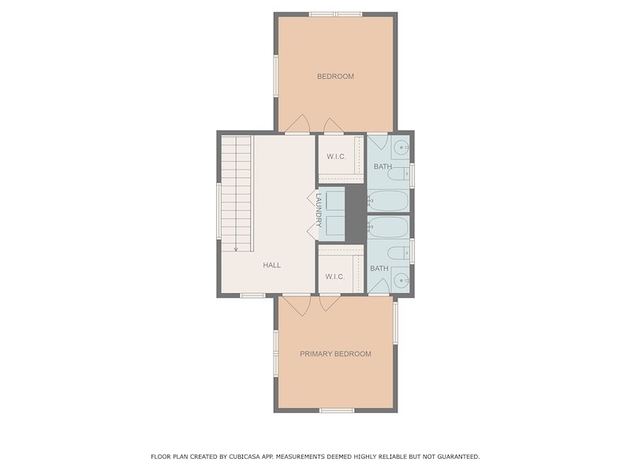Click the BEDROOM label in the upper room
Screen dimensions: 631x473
[335, 76]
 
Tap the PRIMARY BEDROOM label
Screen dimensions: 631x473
[336, 354]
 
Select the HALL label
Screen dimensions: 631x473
[272, 265]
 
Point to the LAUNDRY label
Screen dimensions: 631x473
[319, 210]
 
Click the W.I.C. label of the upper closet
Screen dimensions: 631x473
[337, 156]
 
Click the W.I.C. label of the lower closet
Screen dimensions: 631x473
[334, 277]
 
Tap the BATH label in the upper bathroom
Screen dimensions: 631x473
[383, 166]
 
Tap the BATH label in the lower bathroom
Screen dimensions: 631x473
[379, 268]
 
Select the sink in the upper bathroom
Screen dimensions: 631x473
[401, 147]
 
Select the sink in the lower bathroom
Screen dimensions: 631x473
[401, 281]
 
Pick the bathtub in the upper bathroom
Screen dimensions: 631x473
[388, 200]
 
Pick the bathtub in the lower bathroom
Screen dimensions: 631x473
[388, 227]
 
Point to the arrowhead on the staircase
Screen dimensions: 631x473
[236, 249]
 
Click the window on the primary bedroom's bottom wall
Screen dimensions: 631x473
[337, 410]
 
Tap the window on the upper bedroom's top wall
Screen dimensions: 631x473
[336, 14]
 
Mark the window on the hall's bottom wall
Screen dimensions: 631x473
[252, 296]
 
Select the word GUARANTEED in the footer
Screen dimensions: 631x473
[459, 456]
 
